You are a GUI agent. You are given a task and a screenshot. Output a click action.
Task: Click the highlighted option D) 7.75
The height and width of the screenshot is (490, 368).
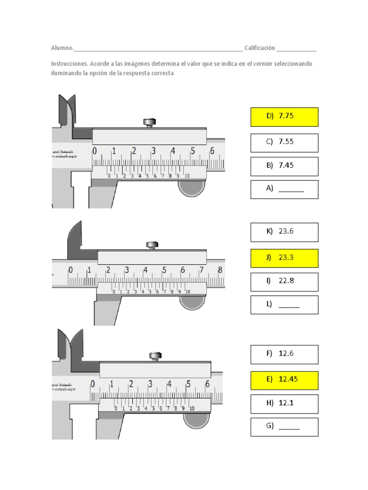(284, 117)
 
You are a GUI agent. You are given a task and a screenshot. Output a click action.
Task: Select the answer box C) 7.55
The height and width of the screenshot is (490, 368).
(284, 142)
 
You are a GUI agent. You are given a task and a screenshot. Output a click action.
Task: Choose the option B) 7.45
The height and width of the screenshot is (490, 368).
(284, 166)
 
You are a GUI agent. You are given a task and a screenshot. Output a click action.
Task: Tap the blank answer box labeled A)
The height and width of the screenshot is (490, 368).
(284, 189)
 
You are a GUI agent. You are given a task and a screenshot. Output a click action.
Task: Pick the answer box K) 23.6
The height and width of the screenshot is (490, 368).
(284, 232)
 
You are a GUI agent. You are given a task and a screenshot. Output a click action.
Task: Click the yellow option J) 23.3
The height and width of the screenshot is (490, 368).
(284, 257)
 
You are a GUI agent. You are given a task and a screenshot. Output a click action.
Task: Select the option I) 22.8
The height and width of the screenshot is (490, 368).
(284, 281)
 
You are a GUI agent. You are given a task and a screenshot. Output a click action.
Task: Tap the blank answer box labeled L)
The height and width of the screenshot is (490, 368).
(284, 304)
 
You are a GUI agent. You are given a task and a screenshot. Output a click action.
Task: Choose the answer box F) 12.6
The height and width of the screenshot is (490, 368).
(284, 354)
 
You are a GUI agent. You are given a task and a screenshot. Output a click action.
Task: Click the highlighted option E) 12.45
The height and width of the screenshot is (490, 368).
(284, 380)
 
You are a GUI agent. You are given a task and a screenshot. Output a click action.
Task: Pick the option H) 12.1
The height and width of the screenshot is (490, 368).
(284, 403)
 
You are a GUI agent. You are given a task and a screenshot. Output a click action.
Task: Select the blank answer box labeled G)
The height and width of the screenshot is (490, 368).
(284, 427)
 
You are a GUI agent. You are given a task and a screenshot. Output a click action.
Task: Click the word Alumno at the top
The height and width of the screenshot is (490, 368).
(62, 48)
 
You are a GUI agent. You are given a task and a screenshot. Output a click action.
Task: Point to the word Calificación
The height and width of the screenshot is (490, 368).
(259, 48)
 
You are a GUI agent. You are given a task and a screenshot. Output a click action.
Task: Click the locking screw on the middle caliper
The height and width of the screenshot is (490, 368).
(152, 245)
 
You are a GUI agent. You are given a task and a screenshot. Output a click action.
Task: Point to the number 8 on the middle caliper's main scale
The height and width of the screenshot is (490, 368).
(220, 270)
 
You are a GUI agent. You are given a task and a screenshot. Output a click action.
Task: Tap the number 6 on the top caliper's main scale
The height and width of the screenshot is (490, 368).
(212, 151)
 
